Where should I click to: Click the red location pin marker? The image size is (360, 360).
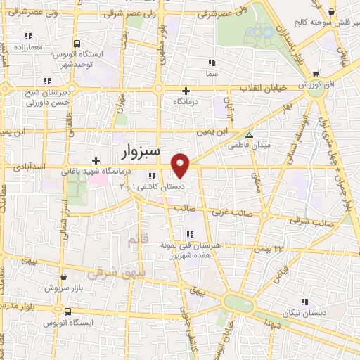(181, 165)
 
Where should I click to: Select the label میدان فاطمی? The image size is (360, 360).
(243, 147)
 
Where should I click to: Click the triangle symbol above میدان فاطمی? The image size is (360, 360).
(248, 136)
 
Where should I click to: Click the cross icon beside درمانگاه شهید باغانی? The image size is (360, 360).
(96, 160)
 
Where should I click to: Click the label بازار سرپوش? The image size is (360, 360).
(62, 288)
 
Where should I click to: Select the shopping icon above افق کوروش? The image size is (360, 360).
(316, 73)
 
